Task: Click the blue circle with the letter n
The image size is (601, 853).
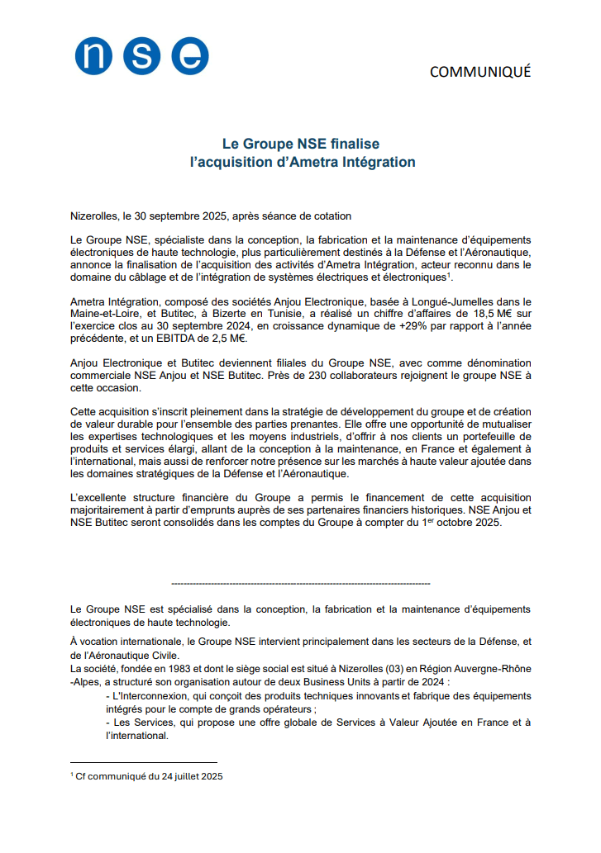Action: point(93,56)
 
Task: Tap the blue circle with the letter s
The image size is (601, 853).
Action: point(141,56)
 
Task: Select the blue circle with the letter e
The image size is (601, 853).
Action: point(190,56)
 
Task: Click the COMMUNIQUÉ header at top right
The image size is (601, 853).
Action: point(480,73)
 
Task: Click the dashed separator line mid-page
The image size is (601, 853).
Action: point(300,583)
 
